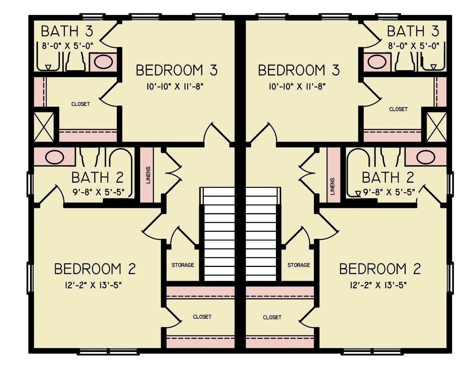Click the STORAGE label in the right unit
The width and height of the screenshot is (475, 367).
298,265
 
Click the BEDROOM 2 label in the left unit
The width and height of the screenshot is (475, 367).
95,269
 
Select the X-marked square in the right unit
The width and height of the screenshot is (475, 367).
437,127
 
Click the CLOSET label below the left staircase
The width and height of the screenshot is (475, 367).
202,317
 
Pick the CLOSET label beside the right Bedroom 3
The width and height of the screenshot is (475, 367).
398,109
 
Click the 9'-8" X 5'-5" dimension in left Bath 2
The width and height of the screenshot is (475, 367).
99,192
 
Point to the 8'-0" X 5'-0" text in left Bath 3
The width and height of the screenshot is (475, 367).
68,45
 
